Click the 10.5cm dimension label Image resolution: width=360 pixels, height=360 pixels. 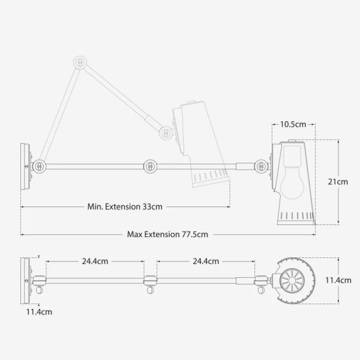293,124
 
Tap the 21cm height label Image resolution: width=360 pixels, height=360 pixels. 338,182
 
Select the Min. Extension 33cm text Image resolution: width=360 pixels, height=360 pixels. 125,206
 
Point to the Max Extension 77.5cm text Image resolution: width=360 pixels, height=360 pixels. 167,235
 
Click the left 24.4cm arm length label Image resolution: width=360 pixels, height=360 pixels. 95,261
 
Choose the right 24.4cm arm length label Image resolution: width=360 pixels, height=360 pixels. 206,261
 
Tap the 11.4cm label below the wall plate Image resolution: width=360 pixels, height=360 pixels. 39,312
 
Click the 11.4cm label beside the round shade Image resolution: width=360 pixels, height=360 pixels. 338,280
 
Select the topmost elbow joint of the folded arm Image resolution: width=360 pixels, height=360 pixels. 80,62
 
